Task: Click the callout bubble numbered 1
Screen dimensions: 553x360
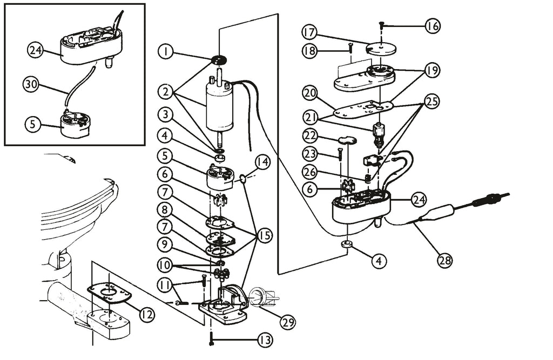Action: pos(165,52)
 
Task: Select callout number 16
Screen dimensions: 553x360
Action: pos(433,26)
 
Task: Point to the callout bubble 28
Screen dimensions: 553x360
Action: pos(445,261)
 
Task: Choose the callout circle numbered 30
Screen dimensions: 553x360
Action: pos(30,85)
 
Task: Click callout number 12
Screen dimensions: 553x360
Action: pos(147,314)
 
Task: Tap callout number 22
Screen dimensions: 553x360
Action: pos(311,136)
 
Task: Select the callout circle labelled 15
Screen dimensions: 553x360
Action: pos(265,235)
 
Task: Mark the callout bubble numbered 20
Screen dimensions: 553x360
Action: pos(310,94)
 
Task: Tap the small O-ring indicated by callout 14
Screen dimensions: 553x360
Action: pos(243,180)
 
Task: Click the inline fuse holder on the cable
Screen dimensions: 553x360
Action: pos(440,214)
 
